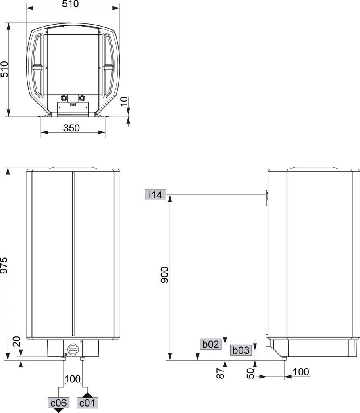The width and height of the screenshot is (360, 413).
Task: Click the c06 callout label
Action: [58, 403]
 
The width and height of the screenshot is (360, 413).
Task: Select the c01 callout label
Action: [87, 403]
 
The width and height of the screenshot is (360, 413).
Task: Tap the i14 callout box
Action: [155, 195]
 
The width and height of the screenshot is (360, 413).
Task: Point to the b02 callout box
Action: [211, 344]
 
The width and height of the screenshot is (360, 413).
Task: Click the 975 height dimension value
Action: [4, 265]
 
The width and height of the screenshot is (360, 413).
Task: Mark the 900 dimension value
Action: [164, 275]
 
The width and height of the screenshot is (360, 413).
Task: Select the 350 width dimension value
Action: [71, 128]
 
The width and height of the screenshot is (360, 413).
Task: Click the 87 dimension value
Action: [221, 373]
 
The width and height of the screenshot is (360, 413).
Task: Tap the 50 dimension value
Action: [250, 373]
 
